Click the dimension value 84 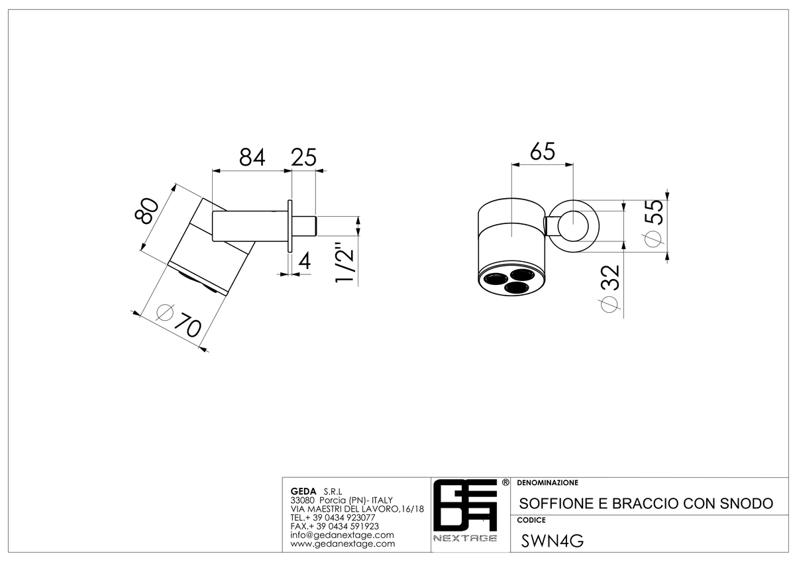[x=252, y=157]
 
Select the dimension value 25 [x=303, y=157]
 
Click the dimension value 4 [x=305, y=261]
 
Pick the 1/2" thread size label [x=344, y=262]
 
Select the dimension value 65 [x=543, y=152]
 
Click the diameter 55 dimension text [x=654, y=223]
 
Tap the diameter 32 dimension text [x=610, y=289]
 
